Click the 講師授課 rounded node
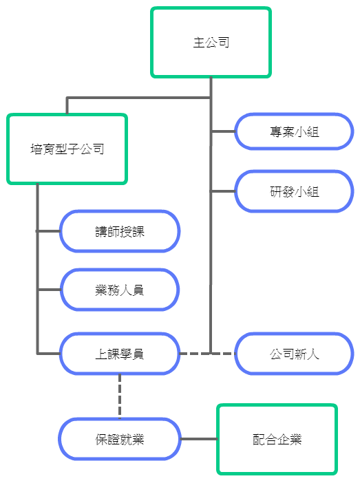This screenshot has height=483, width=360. point(120,231)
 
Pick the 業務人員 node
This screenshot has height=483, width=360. point(120,290)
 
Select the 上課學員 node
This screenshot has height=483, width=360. point(120,354)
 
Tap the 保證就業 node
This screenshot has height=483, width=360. point(120,439)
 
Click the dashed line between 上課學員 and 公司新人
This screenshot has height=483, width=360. point(207,354)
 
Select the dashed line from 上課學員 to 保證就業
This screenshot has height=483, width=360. point(120,396)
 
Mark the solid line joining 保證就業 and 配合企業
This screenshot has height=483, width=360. point(199,439)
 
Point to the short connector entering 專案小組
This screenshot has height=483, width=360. point(223,131)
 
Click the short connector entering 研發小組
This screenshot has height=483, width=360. point(223,191)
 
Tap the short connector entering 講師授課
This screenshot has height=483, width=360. point(49,231)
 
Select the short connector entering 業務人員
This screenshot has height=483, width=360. point(49,290)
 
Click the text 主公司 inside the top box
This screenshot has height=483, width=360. point(211,43)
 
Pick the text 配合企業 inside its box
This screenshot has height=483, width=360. point(277,439)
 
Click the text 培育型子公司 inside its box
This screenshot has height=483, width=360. point(67,149)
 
